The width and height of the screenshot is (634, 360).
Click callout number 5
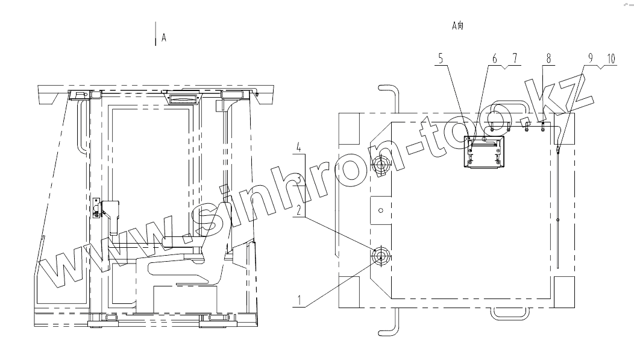point(441,58)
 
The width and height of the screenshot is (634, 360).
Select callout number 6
point(495,58)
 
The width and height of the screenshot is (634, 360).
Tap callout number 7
point(515,58)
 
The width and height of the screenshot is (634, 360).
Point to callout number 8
point(548,58)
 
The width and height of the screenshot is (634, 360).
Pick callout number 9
point(591,58)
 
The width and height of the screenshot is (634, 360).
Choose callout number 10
point(610,58)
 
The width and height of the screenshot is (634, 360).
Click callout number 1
point(299,300)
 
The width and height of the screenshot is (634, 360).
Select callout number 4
point(299,147)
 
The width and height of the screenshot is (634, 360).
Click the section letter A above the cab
point(164,37)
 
